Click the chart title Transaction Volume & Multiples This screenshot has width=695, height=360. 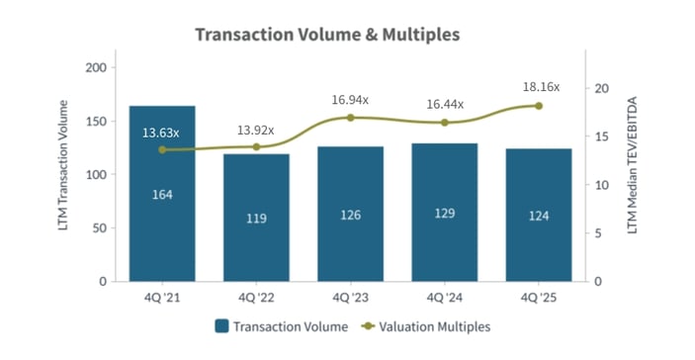click(x=327, y=35)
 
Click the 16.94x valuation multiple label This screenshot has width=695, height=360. click(x=352, y=99)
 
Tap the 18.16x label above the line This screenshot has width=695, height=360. click(x=541, y=87)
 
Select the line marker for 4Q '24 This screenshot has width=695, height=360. click(x=445, y=123)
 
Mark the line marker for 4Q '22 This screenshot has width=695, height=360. click(x=257, y=146)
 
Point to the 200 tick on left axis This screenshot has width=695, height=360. click(x=96, y=67)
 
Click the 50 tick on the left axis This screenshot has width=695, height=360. click(x=100, y=227)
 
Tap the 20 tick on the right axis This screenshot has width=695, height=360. click(x=600, y=88)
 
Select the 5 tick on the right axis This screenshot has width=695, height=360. click(x=597, y=233)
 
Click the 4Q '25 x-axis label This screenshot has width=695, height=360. click(x=538, y=296)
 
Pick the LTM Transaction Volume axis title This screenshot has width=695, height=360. click(x=65, y=173)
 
